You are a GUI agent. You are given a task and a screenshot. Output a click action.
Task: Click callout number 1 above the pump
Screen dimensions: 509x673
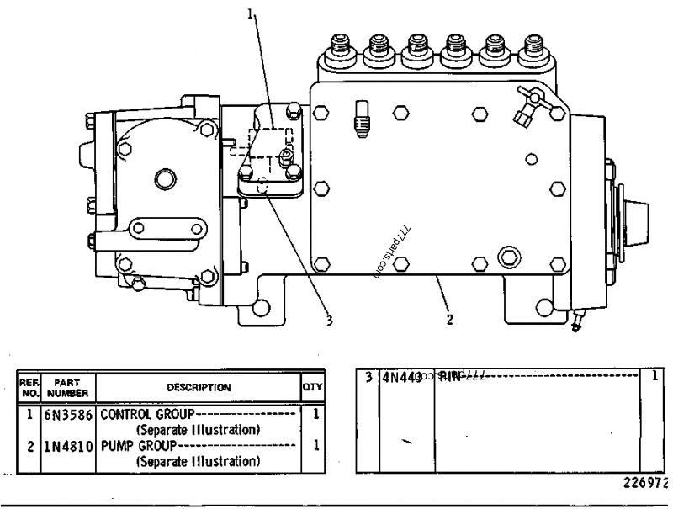(x=250, y=12)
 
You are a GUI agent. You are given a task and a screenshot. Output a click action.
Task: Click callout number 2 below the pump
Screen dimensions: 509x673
(x=449, y=320)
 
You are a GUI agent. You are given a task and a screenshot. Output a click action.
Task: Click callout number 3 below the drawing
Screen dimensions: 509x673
(x=330, y=320)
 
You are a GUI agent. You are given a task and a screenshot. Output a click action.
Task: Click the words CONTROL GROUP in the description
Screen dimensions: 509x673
(x=146, y=415)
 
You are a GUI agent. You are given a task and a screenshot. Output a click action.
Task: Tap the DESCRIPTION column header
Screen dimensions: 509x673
(x=199, y=388)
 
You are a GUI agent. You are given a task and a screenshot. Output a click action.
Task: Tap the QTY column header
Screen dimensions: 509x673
(x=313, y=388)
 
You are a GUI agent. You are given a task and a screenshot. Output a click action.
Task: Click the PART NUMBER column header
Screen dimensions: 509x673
(x=67, y=388)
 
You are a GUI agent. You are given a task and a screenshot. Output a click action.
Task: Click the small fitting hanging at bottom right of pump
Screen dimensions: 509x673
(x=576, y=319)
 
